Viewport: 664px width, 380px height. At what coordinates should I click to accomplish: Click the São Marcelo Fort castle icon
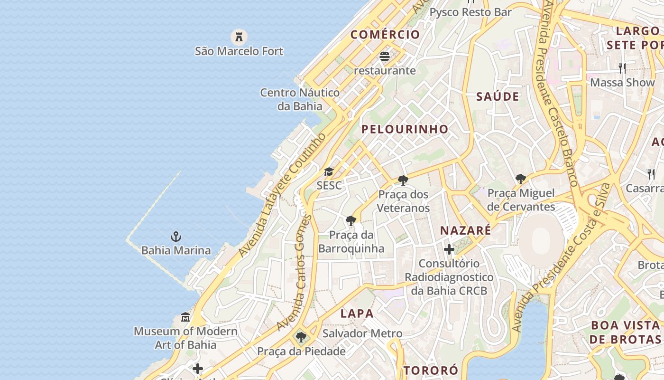click(239, 37)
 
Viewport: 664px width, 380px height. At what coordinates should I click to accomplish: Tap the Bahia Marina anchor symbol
click(176, 236)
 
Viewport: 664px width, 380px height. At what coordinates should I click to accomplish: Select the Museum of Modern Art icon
click(185, 317)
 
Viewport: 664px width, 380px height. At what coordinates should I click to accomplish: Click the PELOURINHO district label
click(405, 129)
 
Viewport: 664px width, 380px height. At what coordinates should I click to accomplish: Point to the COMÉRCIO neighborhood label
click(385, 35)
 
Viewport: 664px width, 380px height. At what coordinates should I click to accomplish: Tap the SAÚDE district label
click(498, 96)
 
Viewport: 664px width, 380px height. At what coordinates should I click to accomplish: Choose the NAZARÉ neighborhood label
click(465, 231)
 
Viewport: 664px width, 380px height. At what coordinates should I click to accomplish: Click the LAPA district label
click(357, 313)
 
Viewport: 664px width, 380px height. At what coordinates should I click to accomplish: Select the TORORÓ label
click(431, 370)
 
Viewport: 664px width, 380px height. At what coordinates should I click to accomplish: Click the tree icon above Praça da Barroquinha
click(351, 221)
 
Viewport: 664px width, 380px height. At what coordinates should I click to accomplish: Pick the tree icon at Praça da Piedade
click(301, 338)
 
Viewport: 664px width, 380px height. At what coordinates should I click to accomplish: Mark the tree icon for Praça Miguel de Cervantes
click(521, 179)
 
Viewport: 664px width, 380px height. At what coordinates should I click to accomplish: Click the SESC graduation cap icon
click(329, 171)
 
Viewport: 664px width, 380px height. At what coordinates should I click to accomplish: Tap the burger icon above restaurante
click(385, 57)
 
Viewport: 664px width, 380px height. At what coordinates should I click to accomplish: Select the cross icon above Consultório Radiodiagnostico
click(449, 249)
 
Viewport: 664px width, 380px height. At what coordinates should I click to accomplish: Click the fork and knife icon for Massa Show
click(622, 68)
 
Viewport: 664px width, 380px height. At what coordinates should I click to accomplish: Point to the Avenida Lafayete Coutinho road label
click(283, 195)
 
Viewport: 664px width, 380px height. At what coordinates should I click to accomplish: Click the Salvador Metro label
click(362, 333)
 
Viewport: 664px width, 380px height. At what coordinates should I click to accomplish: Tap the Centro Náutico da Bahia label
click(300, 99)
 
